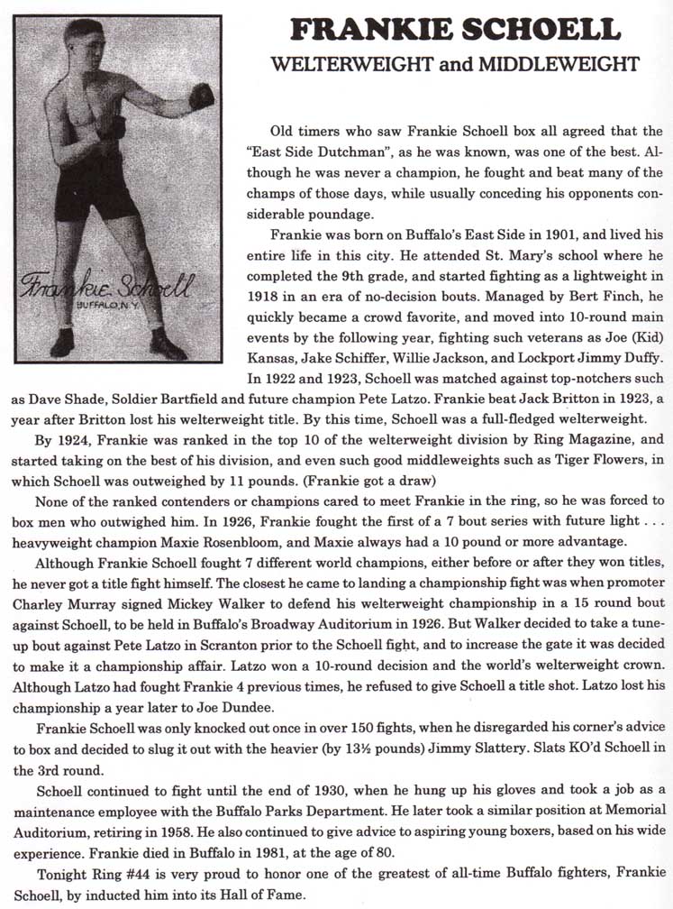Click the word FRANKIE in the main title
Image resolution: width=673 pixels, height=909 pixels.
(368, 29)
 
